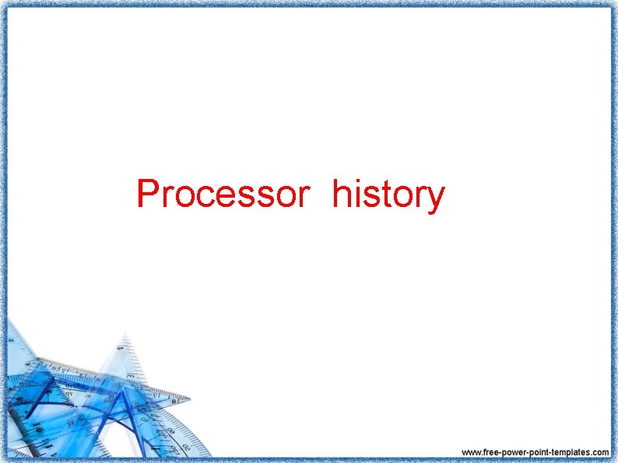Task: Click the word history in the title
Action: pyautogui.click(x=388, y=195)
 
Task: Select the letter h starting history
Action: pyautogui.click(x=340, y=194)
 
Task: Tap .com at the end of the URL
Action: pyautogui.click(x=600, y=452)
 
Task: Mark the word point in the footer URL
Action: pyautogui.click(x=536, y=452)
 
